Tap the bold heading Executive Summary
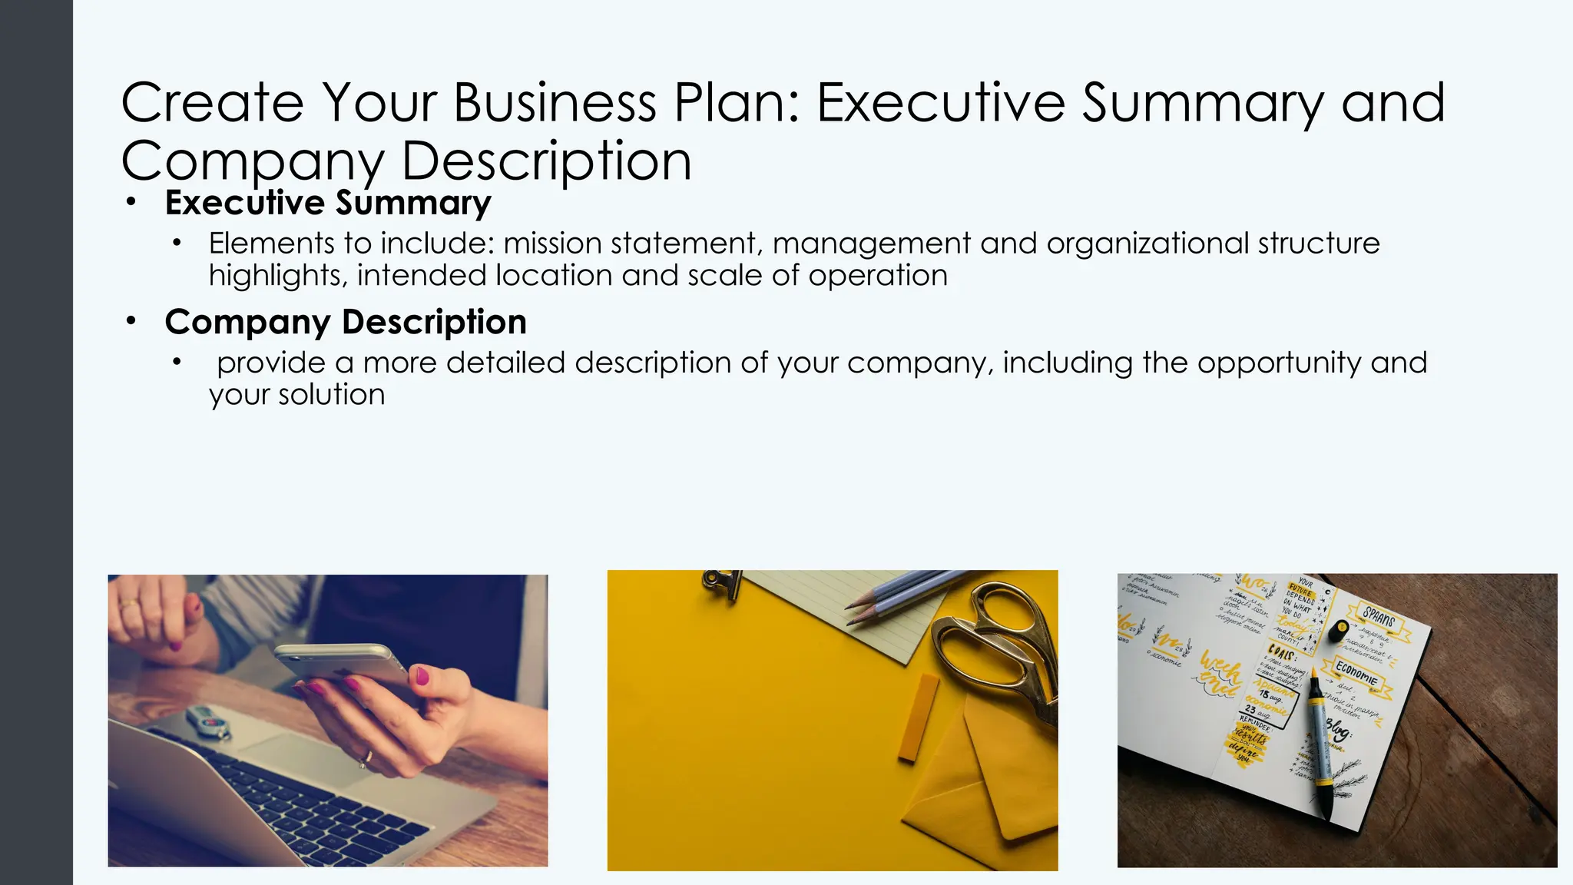(x=328, y=203)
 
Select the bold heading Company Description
(x=346, y=322)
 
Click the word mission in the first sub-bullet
(x=552, y=244)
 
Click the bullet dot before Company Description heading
(x=131, y=321)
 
